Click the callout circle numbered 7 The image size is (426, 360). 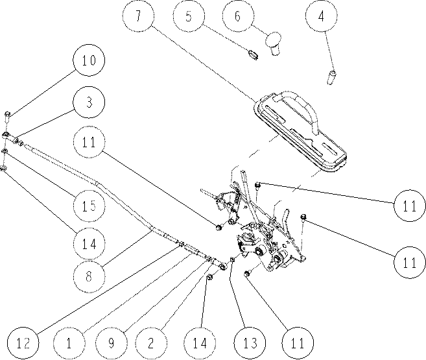[138, 16]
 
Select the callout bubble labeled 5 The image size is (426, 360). [189, 16]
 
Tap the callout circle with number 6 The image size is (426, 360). [238, 16]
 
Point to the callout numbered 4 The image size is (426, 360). [321, 16]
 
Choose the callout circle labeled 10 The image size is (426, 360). [89, 60]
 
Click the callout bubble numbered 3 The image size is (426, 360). [89, 102]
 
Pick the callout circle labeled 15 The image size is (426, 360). [89, 206]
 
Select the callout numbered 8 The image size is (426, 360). [89, 276]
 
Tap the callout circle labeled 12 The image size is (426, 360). [23, 343]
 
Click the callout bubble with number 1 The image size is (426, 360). [69, 343]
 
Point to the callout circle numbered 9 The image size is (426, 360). [112, 343]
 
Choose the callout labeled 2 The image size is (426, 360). [151, 343]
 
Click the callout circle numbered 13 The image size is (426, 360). [250, 343]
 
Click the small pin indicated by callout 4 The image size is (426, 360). [331, 77]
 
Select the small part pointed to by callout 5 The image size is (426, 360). [253, 54]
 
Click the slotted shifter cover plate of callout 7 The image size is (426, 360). [301, 132]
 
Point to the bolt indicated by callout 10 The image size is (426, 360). [7, 117]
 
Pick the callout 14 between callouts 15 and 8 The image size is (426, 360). [89, 243]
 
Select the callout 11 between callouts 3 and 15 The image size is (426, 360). [89, 142]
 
